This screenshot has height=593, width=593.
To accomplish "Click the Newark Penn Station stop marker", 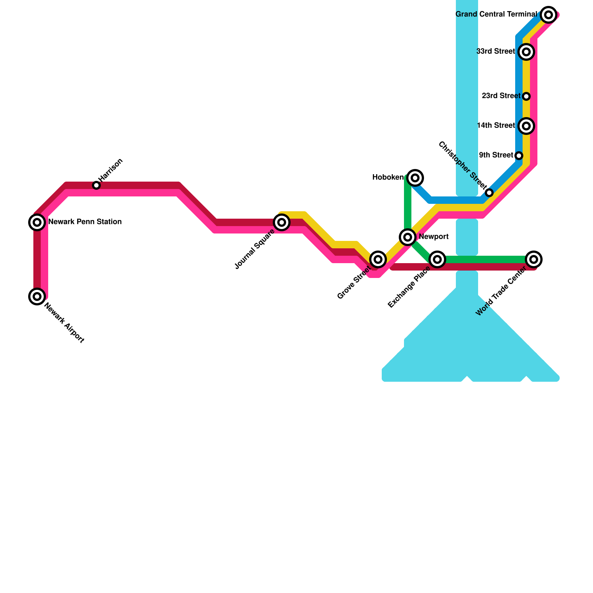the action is (x=37, y=222).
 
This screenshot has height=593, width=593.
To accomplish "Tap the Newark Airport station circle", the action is (x=37, y=296).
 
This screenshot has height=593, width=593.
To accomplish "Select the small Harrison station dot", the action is (x=96, y=185).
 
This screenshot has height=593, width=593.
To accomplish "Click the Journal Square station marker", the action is (x=282, y=222).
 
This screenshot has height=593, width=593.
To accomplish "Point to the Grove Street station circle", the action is (x=378, y=259).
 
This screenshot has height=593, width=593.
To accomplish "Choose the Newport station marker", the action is (x=408, y=237).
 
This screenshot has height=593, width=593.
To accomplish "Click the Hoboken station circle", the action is (x=415, y=178).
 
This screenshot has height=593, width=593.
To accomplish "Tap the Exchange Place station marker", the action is (x=437, y=259).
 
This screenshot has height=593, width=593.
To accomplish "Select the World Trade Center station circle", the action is (x=534, y=259).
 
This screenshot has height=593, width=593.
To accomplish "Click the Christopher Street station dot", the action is (x=489, y=193).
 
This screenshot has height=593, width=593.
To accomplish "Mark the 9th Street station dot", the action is (x=519, y=156).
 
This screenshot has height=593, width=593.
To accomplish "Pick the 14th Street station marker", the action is (x=526, y=126).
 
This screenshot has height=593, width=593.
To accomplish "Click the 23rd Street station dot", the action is (x=526, y=96).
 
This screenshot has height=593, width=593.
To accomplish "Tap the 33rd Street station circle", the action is (x=526, y=52).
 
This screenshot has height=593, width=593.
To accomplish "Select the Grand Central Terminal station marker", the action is (x=549, y=15).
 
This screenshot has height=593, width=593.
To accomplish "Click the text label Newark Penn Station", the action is (x=85, y=222).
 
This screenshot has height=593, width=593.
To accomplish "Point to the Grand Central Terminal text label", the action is (x=496, y=14).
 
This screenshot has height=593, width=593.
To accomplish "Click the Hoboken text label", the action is (x=388, y=178).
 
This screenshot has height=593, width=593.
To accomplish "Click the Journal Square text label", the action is (x=255, y=249).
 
